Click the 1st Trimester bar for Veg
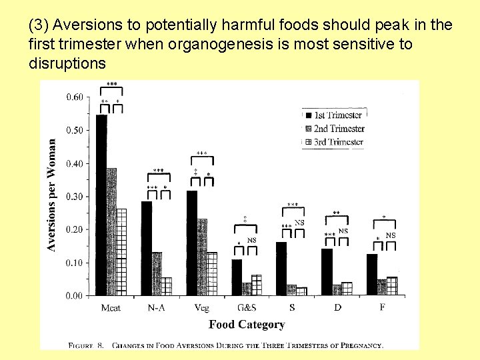(x=192, y=243)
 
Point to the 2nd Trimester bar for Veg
(x=202, y=257)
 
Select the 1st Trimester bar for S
(x=281, y=269)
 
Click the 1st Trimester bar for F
(x=372, y=275)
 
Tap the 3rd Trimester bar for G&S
(x=257, y=285)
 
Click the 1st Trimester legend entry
(x=333, y=115)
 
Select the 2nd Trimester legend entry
(x=333, y=129)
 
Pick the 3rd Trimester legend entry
(x=333, y=142)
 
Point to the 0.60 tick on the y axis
(x=74, y=97)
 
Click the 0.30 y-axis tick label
(x=74, y=197)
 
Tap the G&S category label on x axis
(x=247, y=308)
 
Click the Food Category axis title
(x=247, y=325)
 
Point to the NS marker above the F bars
(x=391, y=235)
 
